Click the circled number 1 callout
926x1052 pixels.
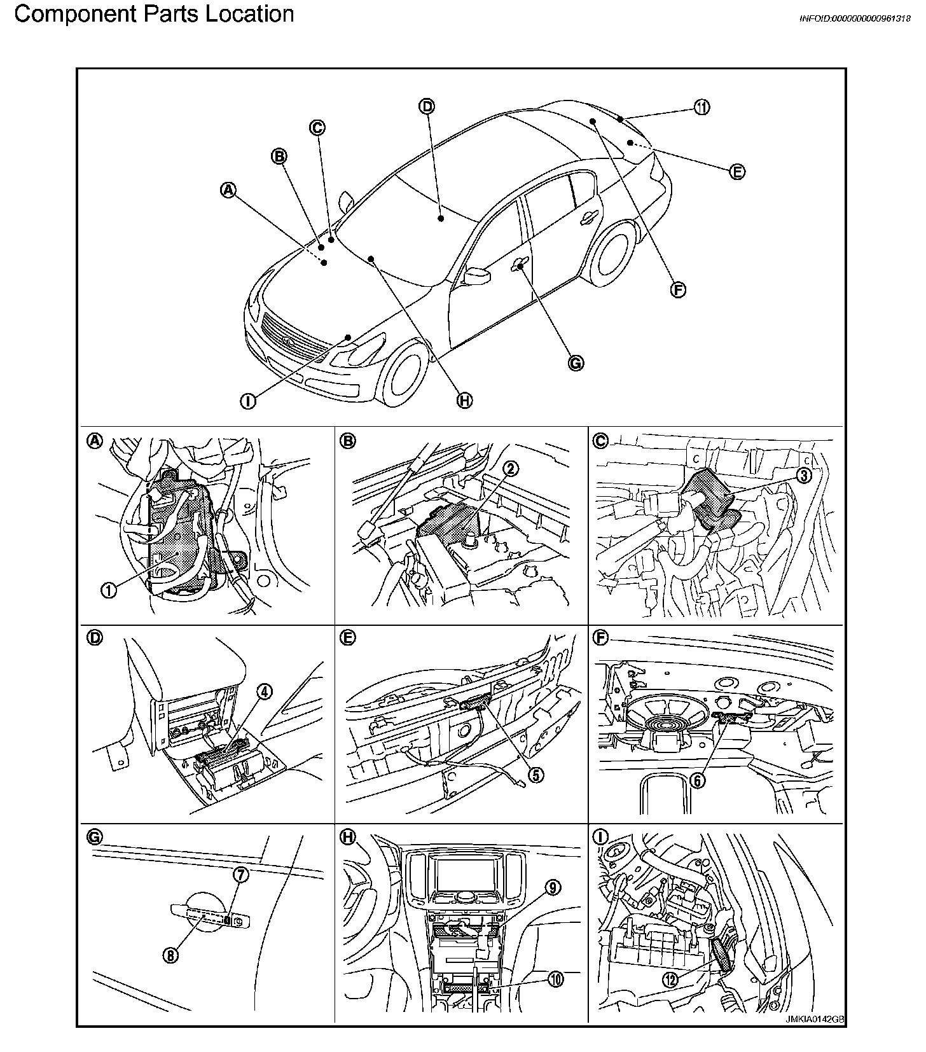[108, 590]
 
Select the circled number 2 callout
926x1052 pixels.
[511, 469]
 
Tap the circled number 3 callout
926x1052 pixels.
[804, 475]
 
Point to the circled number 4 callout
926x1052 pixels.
[265, 691]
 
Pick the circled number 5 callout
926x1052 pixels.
[536, 775]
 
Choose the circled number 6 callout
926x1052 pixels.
[698, 780]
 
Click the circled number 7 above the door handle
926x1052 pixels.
[242, 875]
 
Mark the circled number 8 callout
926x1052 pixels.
[170, 955]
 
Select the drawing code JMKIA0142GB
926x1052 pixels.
[815, 1036]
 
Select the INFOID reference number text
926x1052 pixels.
[854, 18]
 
